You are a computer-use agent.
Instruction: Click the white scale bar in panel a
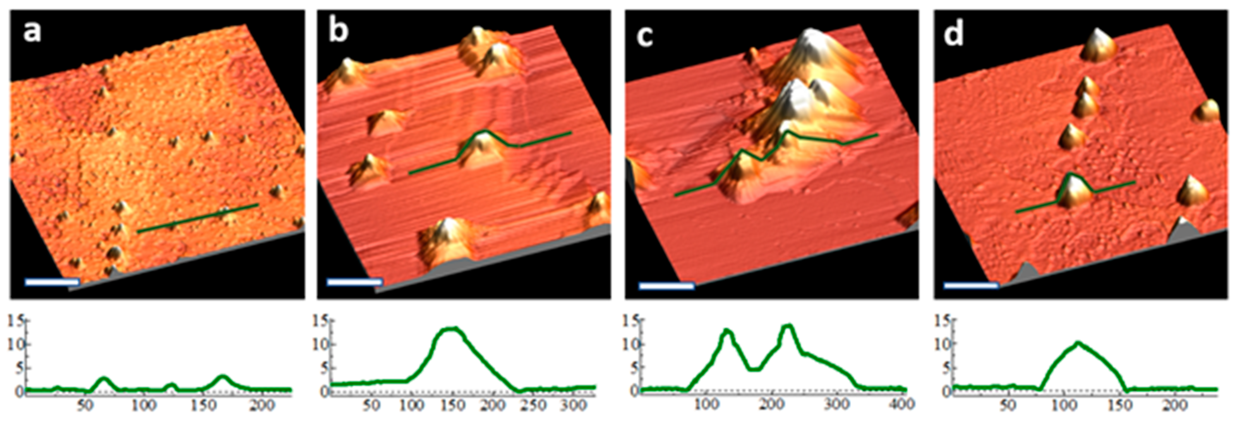pyautogui.click(x=52, y=282)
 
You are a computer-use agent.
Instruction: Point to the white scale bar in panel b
pyautogui.click(x=355, y=282)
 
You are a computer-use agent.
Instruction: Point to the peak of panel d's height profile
pyautogui.click(x=1078, y=343)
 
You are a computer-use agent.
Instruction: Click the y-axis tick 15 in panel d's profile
pyautogui.click(x=942, y=320)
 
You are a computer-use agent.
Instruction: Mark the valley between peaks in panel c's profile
pyautogui.click(x=756, y=369)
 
